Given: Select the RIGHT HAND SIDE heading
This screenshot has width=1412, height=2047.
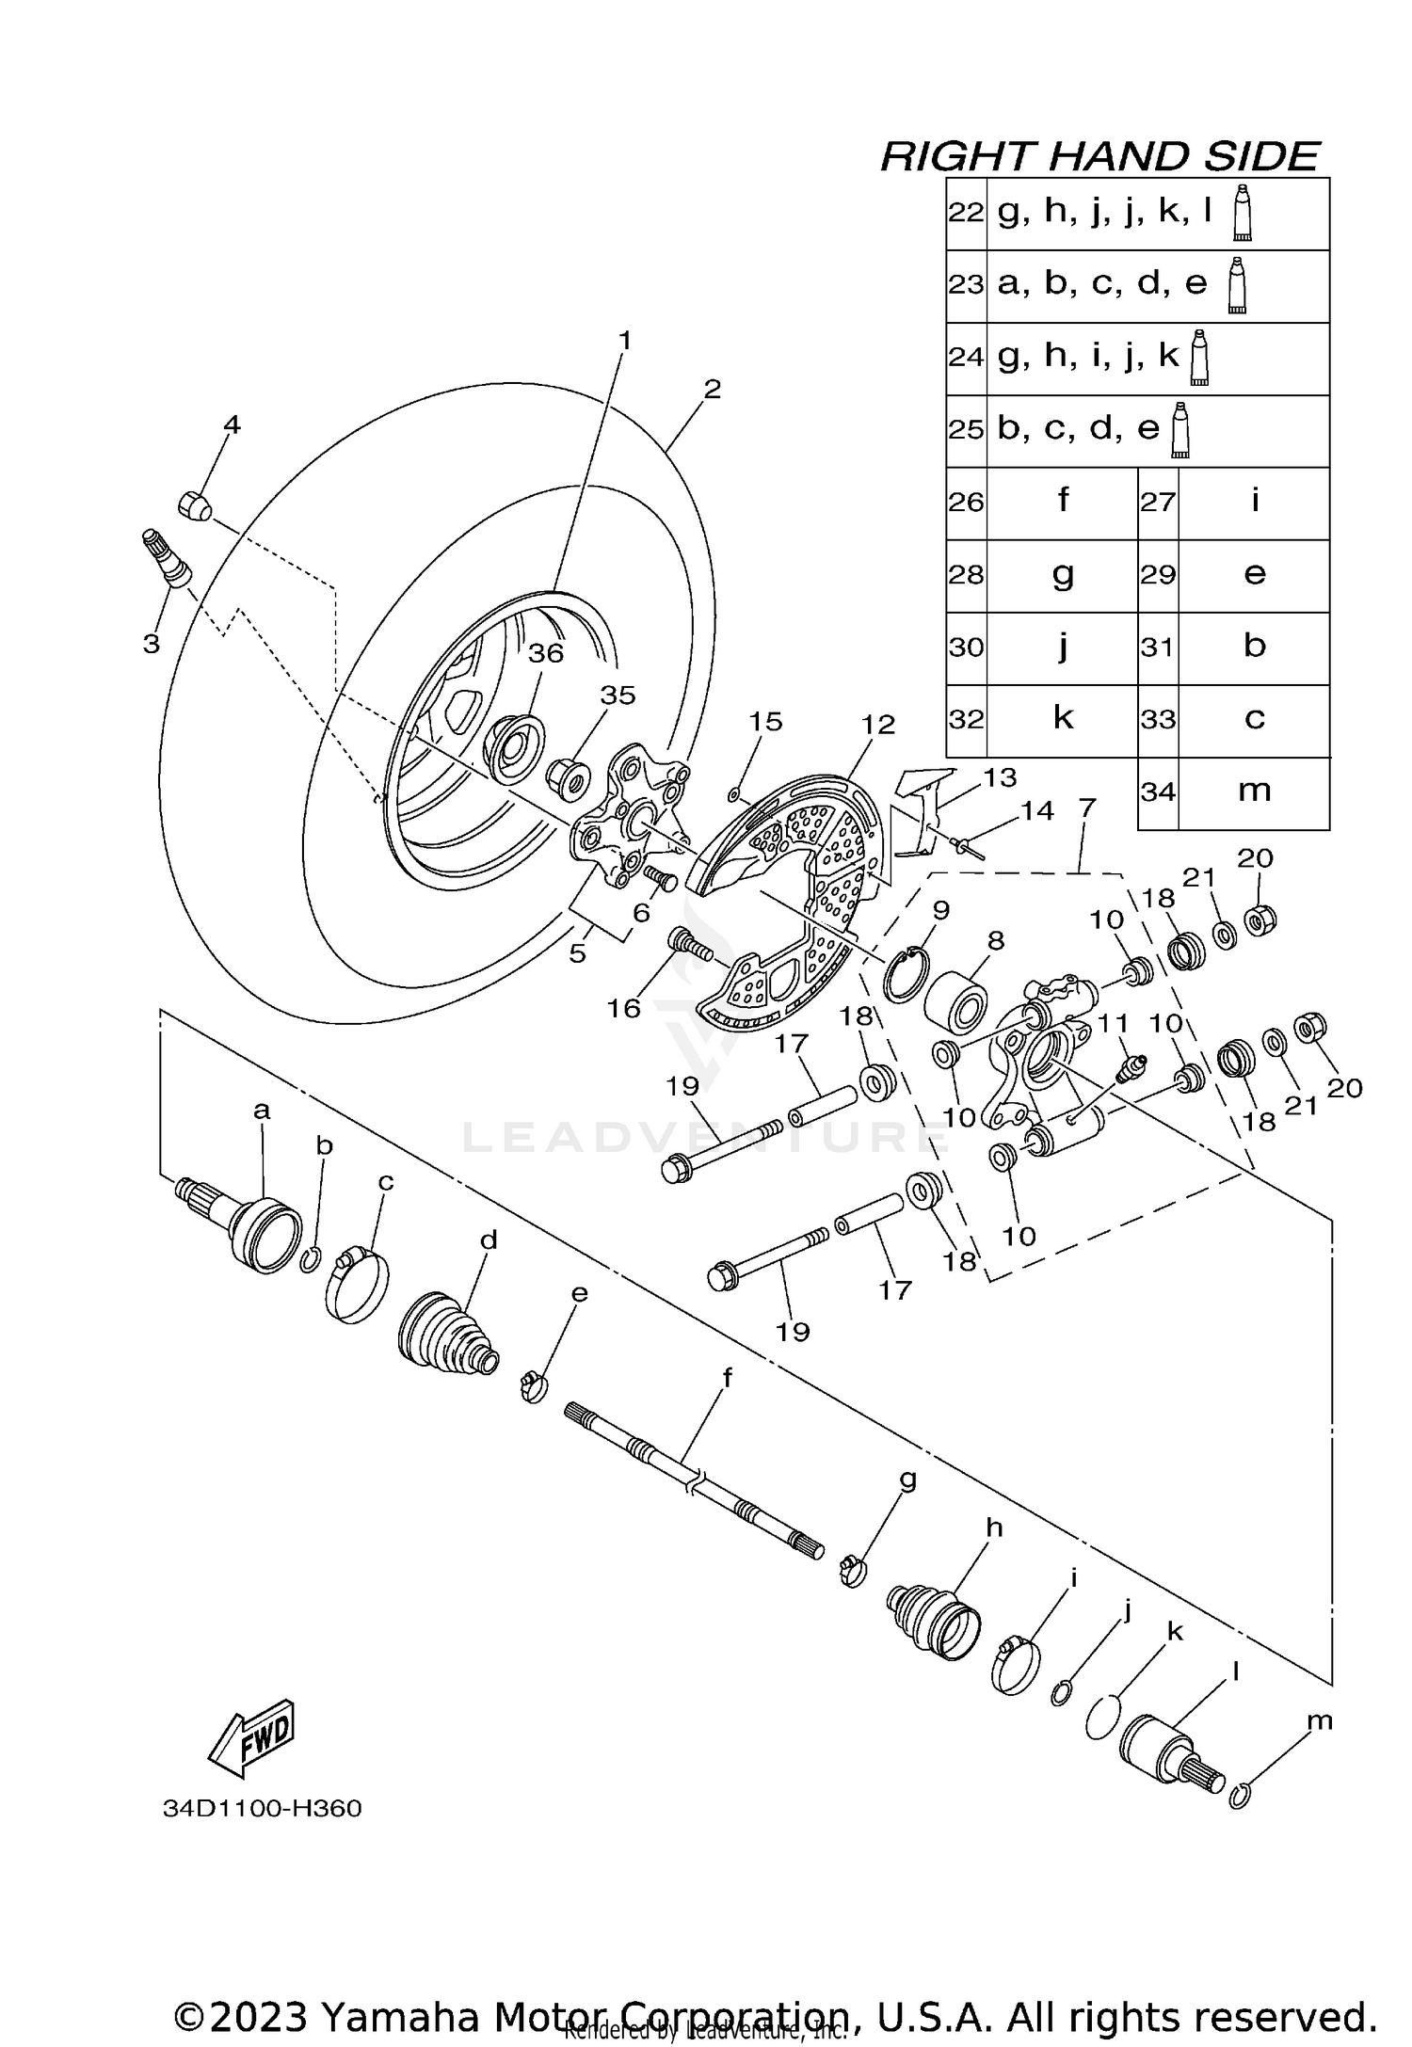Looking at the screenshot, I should tap(1099, 156).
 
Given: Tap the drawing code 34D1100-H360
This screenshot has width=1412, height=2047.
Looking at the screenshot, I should tap(262, 1809).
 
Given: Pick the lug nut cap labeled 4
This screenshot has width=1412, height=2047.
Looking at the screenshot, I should tap(194, 506).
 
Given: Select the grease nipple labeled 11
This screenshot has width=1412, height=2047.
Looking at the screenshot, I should tap(1129, 1068).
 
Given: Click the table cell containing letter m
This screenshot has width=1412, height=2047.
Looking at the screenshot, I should tap(1254, 792).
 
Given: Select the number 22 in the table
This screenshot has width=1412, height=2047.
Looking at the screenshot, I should tap(966, 213).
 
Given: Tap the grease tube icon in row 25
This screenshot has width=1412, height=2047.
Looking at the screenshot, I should tap(1179, 430).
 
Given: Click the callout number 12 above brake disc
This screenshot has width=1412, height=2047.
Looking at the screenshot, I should tap(877, 725).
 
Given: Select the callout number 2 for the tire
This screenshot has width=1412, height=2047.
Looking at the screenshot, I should tap(713, 389).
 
